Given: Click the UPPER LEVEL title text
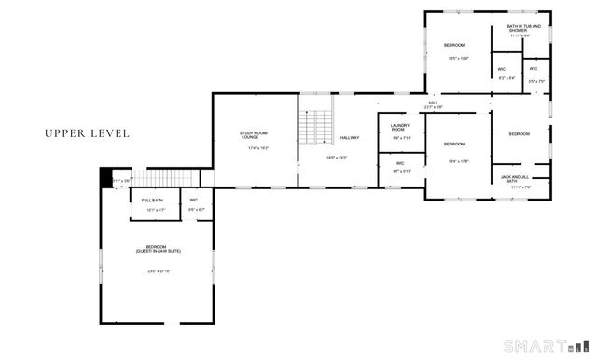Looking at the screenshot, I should click(87, 133).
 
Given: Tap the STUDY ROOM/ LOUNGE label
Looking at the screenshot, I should click(254, 136).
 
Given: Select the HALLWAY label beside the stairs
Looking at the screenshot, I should click(350, 138).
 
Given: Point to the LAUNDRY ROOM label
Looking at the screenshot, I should click(400, 128).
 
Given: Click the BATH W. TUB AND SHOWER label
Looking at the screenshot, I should click(523, 28).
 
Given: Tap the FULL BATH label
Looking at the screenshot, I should click(152, 201).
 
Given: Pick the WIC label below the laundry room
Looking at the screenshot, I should click(398, 163).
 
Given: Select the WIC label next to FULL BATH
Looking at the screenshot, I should click(194, 201).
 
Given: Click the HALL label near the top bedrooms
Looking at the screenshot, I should click(434, 103).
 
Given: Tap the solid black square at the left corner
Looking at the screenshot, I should click(105, 177).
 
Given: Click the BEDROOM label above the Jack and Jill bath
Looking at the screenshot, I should click(519, 134).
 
